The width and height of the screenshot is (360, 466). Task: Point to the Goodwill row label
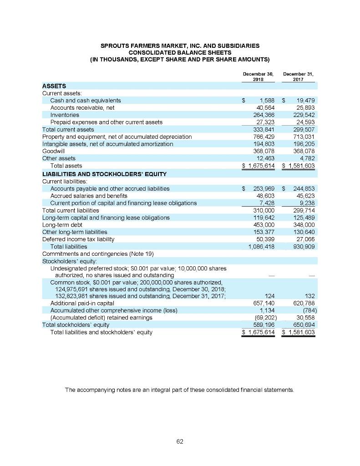click(x=53, y=151)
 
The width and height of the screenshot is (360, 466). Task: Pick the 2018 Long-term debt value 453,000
click(x=263, y=225)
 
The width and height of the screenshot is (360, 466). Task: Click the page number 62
click(x=180, y=441)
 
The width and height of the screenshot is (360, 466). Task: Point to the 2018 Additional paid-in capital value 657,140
click(x=263, y=304)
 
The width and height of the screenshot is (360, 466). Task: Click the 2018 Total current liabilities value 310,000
click(x=263, y=210)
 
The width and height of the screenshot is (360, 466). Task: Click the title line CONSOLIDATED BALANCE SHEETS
click(x=180, y=52)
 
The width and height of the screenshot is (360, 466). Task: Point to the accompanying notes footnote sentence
click(x=180, y=390)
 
